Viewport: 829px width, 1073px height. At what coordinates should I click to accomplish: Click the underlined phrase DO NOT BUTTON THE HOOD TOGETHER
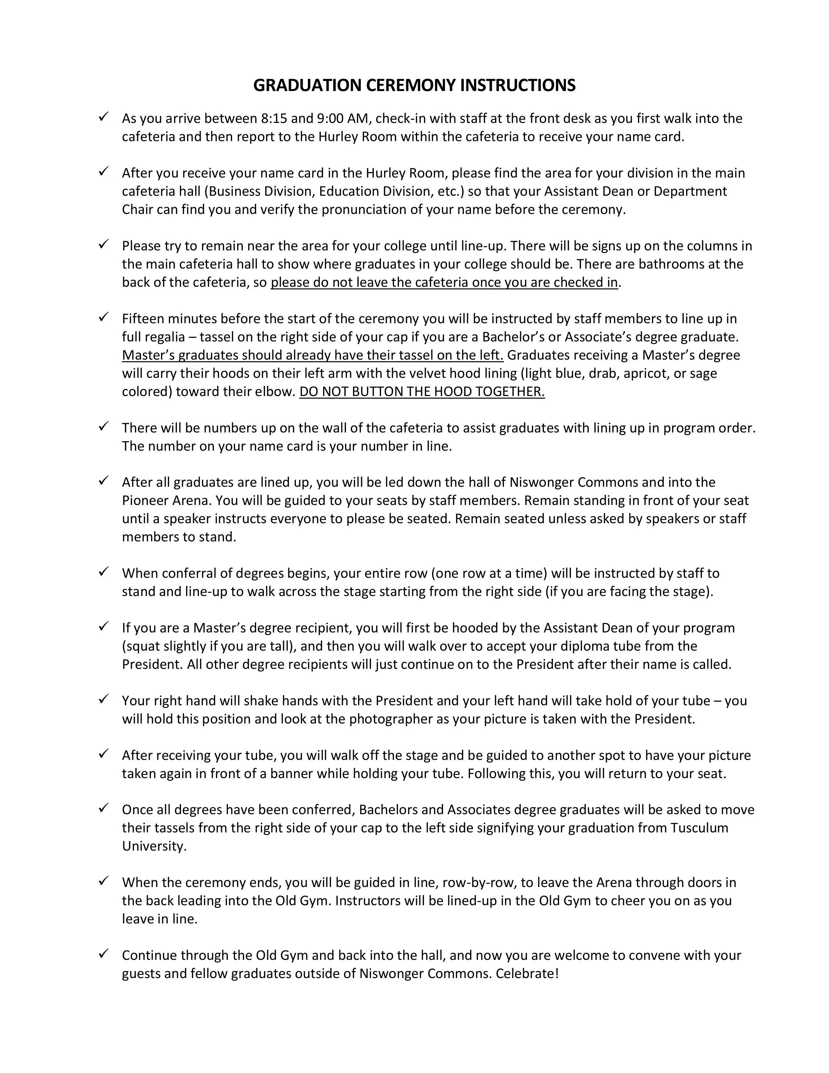click(422, 391)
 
